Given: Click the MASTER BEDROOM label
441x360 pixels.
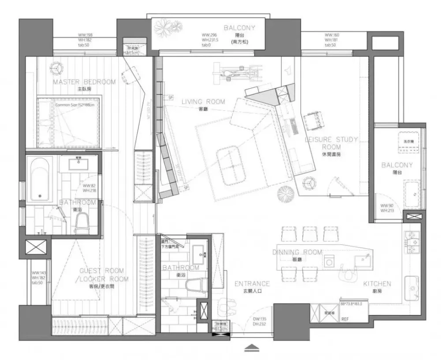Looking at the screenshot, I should [x=84, y=82].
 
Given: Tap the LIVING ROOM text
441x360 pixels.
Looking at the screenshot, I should [x=203, y=102].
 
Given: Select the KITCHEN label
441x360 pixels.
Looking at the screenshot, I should [x=377, y=284].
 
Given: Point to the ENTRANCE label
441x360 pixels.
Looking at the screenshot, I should [x=252, y=284].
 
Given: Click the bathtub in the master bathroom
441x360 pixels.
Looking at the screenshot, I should [x=40, y=179].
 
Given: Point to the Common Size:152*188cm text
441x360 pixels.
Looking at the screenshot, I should [x=78, y=105].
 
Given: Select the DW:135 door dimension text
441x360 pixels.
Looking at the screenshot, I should [x=259, y=320].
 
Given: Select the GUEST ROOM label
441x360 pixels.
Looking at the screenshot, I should [x=102, y=270].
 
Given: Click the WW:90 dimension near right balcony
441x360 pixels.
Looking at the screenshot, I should [x=387, y=206].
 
